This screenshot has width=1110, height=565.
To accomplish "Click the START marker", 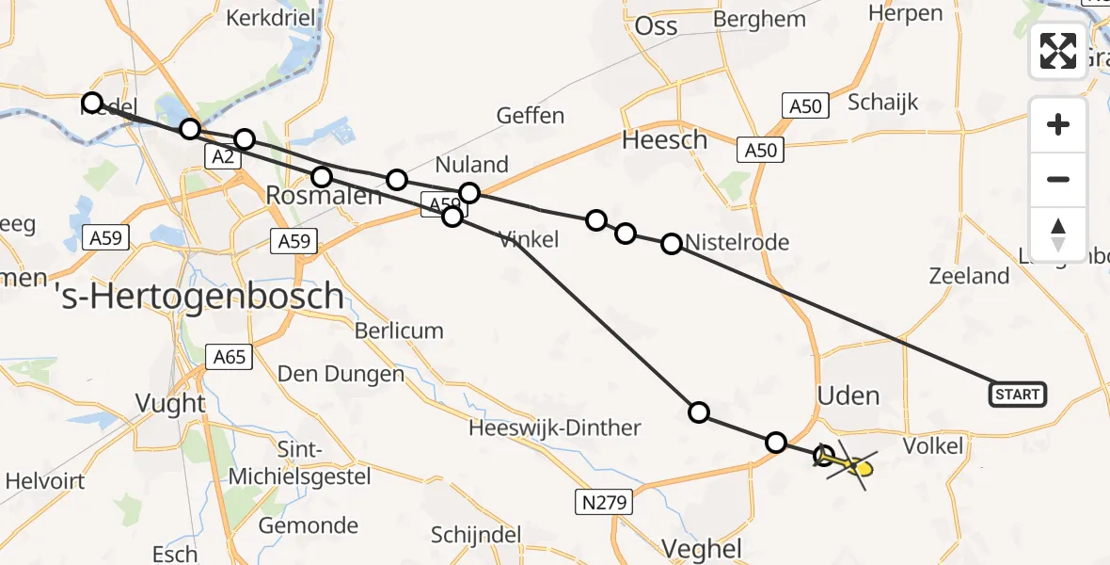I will pos(1017,394).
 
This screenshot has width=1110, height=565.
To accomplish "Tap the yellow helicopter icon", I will pos(851,464).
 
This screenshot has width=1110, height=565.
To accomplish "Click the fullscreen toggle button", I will pos(1058,50).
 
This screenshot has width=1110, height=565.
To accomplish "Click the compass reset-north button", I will pos(1058,234).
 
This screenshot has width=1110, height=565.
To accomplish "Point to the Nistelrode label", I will pos(737,243).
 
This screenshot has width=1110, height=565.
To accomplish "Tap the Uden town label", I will pos(848,395).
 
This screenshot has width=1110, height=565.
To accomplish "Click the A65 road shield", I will pos(229,357).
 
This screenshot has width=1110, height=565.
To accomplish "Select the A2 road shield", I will pos(222,157).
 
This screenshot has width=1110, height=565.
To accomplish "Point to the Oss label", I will pos(656,25).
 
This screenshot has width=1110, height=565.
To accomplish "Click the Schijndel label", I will pos(476,535).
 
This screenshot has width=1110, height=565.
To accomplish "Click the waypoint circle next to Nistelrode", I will pos(672,244).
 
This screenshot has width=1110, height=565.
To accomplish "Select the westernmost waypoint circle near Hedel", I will pos(91,103).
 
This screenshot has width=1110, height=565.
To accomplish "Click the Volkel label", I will pos(933,445).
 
